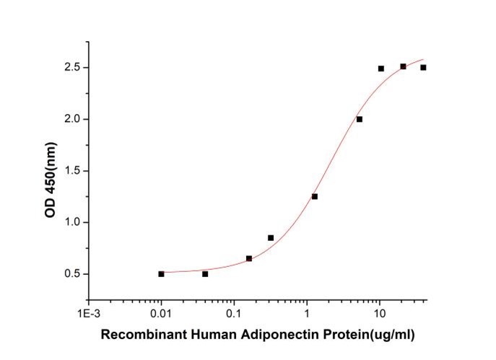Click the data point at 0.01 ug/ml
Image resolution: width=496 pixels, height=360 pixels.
pyautogui.click(x=161, y=273)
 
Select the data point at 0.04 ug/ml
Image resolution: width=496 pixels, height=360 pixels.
pyautogui.click(x=205, y=273)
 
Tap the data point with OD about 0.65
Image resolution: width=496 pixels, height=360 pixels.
pyautogui.click(x=249, y=258)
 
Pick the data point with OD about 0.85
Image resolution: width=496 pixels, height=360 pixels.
pyautogui.click(x=271, y=237)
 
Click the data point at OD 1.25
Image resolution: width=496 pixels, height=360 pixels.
pyautogui.click(x=315, y=196)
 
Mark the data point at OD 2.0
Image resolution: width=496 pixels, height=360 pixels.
pyautogui.click(x=359, y=119)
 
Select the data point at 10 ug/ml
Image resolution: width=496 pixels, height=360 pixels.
pyautogui.click(x=380, y=69)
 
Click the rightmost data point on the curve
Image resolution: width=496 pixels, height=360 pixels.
pyautogui.click(x=423, y=67)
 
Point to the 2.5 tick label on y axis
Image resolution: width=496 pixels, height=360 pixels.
pyautogui.click(x=71, y=68)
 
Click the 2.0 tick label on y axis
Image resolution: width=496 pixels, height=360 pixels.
pyautogui.click(x=71, y=119)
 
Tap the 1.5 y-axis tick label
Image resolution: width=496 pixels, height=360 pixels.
pyautogui.click(x=71, y=171)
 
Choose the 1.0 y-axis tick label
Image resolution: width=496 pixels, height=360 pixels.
pyautogui.click(x=71, y=222)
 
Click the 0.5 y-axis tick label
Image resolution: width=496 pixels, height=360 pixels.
pyautogui.click(x=71, y=274)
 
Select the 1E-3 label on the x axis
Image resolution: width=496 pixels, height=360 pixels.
pyautogui.click(x=88, y=315)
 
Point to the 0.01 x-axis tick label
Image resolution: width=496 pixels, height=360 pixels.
pyautogui.click(x=161, y=315)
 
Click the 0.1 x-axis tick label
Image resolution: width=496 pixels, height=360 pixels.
pyautogui.click(x=234, y=315)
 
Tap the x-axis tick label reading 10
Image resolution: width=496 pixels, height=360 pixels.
pyautogui.click(x=380, y=315)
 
